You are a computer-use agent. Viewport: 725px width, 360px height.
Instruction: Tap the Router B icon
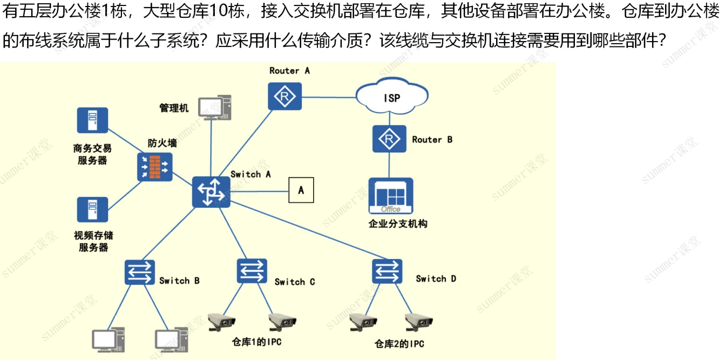pyautogui.click(x=389, y=139)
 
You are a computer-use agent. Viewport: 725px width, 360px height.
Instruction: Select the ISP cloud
pyautogui.click(x=392, y=97)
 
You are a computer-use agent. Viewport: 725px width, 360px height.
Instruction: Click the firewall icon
pyautogui.click(x=155, y=167)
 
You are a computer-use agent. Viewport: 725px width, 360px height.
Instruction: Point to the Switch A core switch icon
pyautogui.click(x=211, y=192)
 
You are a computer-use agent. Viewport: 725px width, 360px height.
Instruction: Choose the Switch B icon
pyautogui.click(x=140, y=273)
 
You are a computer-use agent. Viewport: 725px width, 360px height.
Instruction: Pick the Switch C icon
pyautogui.click(x=252, y=271)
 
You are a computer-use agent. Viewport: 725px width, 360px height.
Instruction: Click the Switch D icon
pyautogui.click(x=387, y=271)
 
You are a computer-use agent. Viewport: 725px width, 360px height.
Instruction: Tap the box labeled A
pyautogui.click(x=301, y=190)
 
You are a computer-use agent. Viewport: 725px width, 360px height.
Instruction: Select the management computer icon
pyautogui.click(x=214, y=107)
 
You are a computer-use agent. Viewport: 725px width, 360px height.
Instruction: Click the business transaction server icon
pyautogui.click(x=92, y=120)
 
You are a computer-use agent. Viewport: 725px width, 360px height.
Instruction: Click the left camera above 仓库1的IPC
pyautogui.click(x=222, y=322)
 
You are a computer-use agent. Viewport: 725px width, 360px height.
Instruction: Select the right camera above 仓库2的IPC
pyautogui.click(x=419, y=322)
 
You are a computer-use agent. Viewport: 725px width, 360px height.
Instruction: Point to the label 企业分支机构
pyautogui.click(x=398, y=223)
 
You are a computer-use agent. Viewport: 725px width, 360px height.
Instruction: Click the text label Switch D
pyautogui.click(x=436, y=279)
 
